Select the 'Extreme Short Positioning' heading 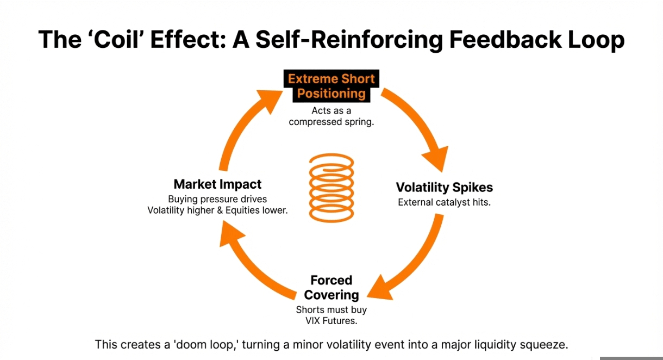pyautogui.click(x=331, y=86)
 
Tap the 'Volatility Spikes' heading pyautogui.click(x=444, y=188)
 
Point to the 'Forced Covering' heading pyautogui.click(x=331, y=288)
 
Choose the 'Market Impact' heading pyautogui.click(x=217, y=184)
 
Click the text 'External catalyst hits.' pyautogui.click(x=444, y=203)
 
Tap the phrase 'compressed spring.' pyautogui.click(x=331, y=122)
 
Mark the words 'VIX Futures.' pyautogui.click(x=331, y=321)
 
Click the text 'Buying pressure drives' pyautogui.click(x=217, y=199)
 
